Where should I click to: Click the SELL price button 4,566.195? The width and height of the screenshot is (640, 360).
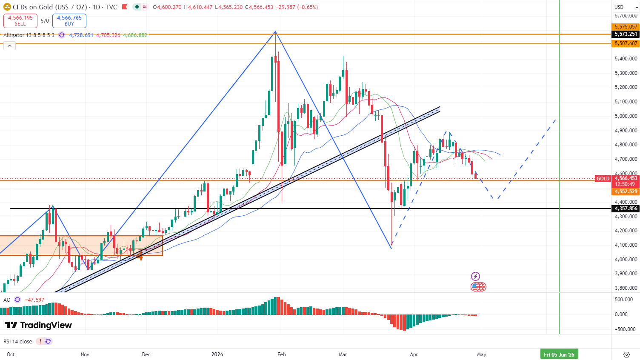(20, 20)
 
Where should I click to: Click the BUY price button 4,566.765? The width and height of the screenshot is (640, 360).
(69, 20)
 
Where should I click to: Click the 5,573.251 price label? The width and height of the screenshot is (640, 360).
(626, 34)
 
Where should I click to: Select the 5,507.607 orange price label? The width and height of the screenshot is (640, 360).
(626, 43)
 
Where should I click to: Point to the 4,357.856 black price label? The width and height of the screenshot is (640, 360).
(626, 209)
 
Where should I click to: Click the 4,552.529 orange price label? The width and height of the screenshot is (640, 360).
(626, 191)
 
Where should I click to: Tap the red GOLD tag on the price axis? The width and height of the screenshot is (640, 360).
(603, 179)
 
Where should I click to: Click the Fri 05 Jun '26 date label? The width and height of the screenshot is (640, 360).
(559, 354)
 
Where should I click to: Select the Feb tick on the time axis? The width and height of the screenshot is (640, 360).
(281, 354)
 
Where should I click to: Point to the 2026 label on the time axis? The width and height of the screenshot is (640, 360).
(217, 354)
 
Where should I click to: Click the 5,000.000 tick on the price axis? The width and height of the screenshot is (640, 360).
(626, 116)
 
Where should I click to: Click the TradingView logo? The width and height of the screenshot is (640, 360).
(38, 325)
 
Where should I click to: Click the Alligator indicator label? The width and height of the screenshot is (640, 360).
(29, 35)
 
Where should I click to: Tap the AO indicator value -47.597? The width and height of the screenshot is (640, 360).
(34, 300)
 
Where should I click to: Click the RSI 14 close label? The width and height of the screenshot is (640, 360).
(18, 341)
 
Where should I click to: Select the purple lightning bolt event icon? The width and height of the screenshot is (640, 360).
(475, 277)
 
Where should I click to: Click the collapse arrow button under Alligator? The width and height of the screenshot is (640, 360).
(9, 46)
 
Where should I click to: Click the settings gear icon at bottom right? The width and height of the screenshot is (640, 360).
(626, 354)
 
